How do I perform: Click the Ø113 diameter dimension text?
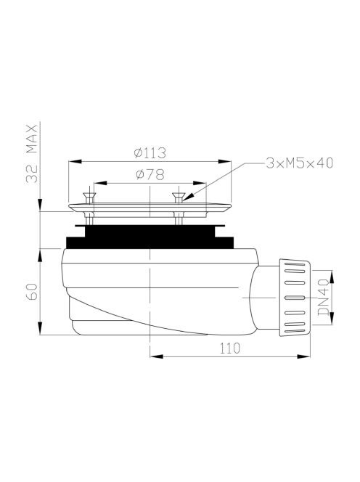click(150, 152)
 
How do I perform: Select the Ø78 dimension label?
click(150, 175)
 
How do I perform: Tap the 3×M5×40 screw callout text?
click(300, 163)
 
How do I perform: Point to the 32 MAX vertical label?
click(32, 154)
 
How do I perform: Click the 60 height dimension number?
click(32, 292)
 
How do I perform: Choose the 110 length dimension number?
click(229, 348)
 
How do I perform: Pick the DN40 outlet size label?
click(323, 297)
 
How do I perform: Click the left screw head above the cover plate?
click(89, 195)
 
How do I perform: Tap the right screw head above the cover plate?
click(179, 195)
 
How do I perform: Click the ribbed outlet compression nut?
click(294, 298)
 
